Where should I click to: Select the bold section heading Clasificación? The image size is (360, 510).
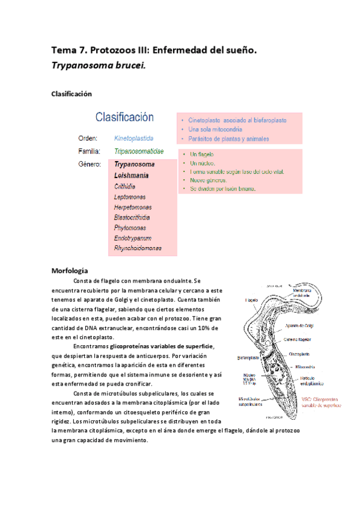pyautogui.click(x=71, y=94)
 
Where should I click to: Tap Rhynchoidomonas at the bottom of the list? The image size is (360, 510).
pyautogui.click(x=138, y=248)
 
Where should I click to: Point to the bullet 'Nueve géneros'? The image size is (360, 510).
pyautogui.click(x=209, y=180)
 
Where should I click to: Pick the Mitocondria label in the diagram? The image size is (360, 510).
pyautogui.click(x=307, y=366)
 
